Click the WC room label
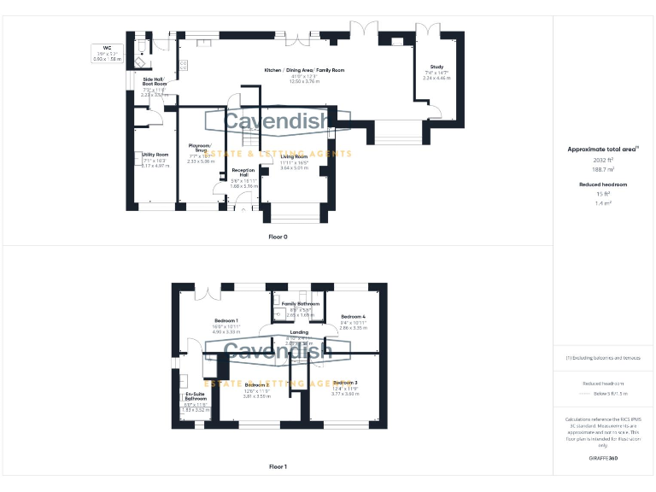click(108, 48)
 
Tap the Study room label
click(436, 66)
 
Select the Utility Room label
click(155, 155)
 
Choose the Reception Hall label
click(244, 173)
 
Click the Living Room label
click(294, 157)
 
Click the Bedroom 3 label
click(345, 382)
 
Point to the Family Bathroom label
click(301, 304)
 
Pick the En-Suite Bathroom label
click(196, 396)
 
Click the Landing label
click(299, 331)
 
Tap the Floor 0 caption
click(278, 236)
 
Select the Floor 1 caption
click(278, 467)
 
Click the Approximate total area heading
click(603, 149)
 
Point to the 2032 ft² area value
click(603, 160)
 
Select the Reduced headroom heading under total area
click(603, 184)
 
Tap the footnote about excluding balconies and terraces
click(603, 358)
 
